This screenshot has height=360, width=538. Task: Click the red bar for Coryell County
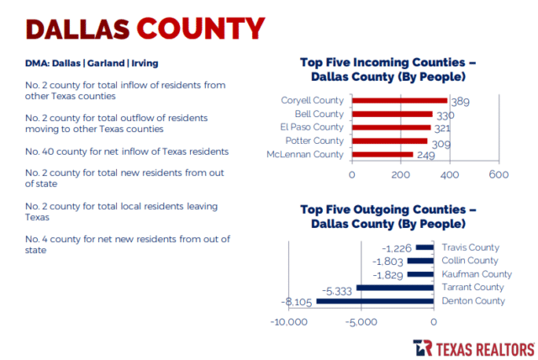coord(399,101)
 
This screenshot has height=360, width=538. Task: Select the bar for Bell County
coord(392,114)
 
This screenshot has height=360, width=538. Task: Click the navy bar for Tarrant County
coord(395,288)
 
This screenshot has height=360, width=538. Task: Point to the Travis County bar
coord(425,247)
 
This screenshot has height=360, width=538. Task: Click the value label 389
coord(460,102)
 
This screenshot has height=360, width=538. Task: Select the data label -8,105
coord(298,302)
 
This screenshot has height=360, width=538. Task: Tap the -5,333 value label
coord(339,289)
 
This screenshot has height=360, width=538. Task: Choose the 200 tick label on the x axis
coord(400,175)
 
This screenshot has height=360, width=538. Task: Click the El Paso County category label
coord(318,127)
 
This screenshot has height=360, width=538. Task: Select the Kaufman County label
coord(477,274)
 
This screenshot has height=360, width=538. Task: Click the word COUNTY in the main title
coord(200,28)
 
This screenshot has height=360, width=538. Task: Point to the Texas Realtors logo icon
coord(423,347)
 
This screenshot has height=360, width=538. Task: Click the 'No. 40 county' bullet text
coord(127,151)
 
